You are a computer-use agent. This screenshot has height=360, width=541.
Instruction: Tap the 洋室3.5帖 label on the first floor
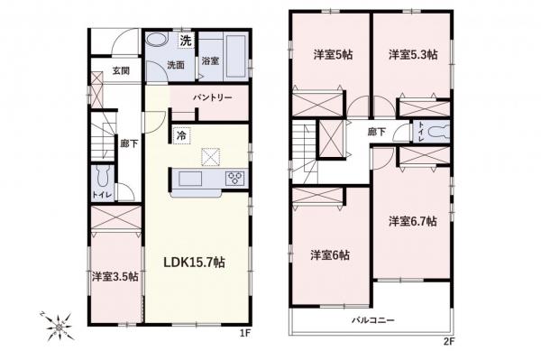coord(114,276)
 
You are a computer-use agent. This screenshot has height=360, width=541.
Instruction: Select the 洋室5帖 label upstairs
coord(332,55)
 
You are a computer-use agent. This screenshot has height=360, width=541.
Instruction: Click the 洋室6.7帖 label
coord(412,220)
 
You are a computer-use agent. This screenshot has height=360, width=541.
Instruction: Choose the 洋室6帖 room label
coord(330,254)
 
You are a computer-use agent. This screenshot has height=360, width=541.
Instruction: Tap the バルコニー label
coord(372,320)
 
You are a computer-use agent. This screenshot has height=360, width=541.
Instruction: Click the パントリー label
coord(213,97)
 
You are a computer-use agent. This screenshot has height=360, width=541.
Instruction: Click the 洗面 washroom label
coord(175,65)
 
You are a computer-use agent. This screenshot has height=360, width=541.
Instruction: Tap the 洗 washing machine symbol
coord(185,41)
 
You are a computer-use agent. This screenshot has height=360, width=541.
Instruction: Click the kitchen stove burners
coord(235,176)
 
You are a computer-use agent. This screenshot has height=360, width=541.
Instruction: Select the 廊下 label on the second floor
coord(377,132)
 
